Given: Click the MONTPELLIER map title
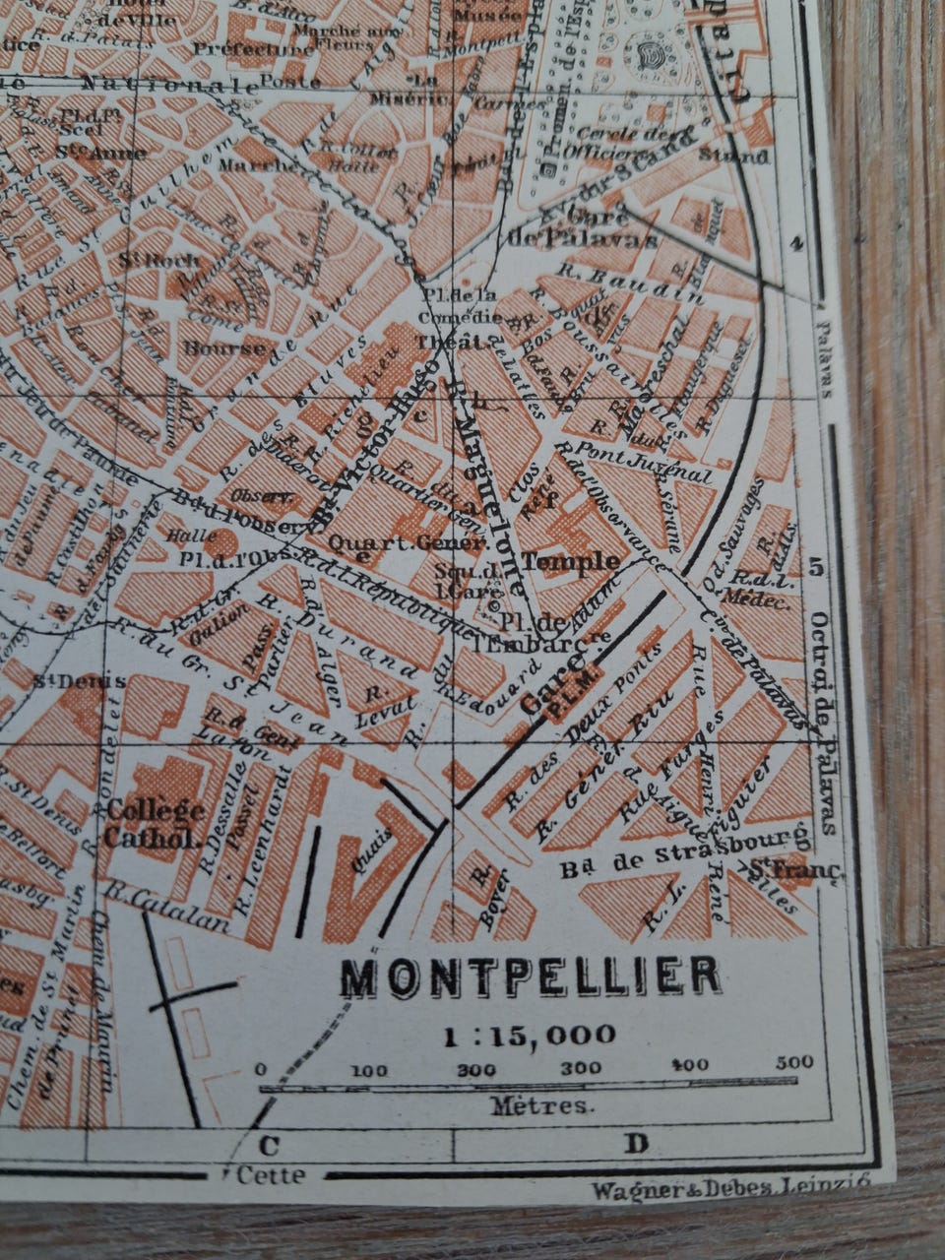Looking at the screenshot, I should point(530,975).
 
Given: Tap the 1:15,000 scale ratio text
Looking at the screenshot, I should point(529,1035).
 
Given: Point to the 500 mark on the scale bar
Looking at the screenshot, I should point(794,1062).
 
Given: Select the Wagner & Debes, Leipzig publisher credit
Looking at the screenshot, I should point(729,1189).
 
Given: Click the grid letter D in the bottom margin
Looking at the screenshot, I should point(636,1144).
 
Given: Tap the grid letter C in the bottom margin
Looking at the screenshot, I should point(268,1145).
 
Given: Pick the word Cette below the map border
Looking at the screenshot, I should point(271,1174).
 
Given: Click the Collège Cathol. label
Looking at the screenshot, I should point(157,824).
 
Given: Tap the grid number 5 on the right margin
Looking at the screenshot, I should point(814,567).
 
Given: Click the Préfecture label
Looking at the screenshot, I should point(255,49).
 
